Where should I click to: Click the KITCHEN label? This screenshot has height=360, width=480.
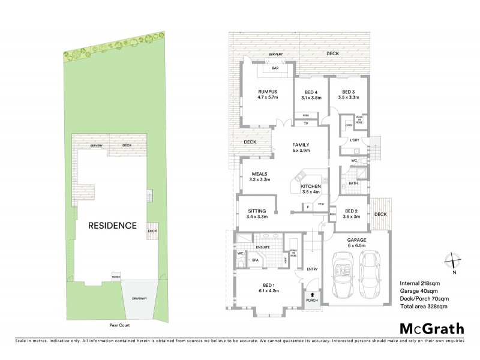pyautogui.click(x=311, y=187)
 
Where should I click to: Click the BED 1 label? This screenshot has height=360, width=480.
pyautogui.click(x=269, y=286)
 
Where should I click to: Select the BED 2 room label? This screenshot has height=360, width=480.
pyautogui.click(x=352, y=211)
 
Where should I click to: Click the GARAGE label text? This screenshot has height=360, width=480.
pyautogui.click(x=356, y=239)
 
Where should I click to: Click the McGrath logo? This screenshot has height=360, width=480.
pyautogui.click(x=431, y=328)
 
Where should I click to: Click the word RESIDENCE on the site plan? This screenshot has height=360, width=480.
pyautogui.click(x=112, y=226)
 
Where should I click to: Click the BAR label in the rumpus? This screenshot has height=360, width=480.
pyautogui.click(x=275, y=68)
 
